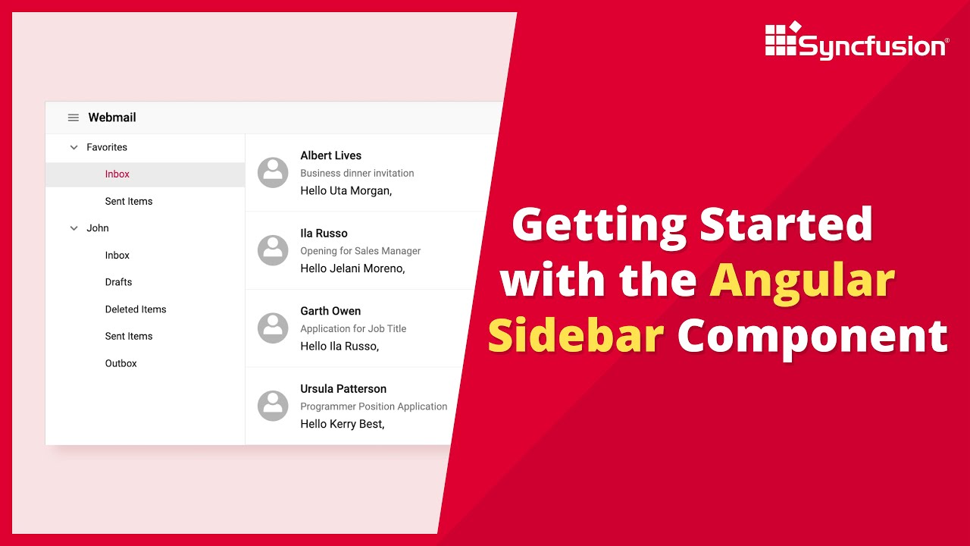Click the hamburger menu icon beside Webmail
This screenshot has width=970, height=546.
point(74,118)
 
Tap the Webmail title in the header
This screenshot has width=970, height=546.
point(112,118)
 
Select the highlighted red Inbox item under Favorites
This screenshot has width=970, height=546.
point(117,174)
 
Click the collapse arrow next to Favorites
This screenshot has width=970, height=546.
point(74,148)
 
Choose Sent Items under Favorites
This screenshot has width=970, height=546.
point(129,202)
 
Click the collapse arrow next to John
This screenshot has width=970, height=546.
point(74,228)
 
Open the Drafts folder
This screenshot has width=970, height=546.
point(118,282)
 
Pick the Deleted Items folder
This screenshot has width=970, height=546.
point(136,309)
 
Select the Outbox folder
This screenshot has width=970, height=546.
point(121,364)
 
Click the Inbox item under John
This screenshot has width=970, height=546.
point(117,256)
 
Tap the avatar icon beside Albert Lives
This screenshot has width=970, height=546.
point(273,173)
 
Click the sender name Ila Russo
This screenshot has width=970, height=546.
point(324,234)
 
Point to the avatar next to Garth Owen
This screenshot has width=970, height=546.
point(273,328)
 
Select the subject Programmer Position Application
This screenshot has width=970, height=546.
point(374,406)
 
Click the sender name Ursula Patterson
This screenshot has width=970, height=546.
point(343,389)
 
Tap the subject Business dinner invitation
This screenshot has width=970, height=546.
point(357,174)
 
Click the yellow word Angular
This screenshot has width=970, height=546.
point(802,281)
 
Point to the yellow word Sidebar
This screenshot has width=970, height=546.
point(576,335)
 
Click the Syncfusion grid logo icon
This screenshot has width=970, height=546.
point(782,39)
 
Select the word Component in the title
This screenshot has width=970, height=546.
point(812,335)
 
